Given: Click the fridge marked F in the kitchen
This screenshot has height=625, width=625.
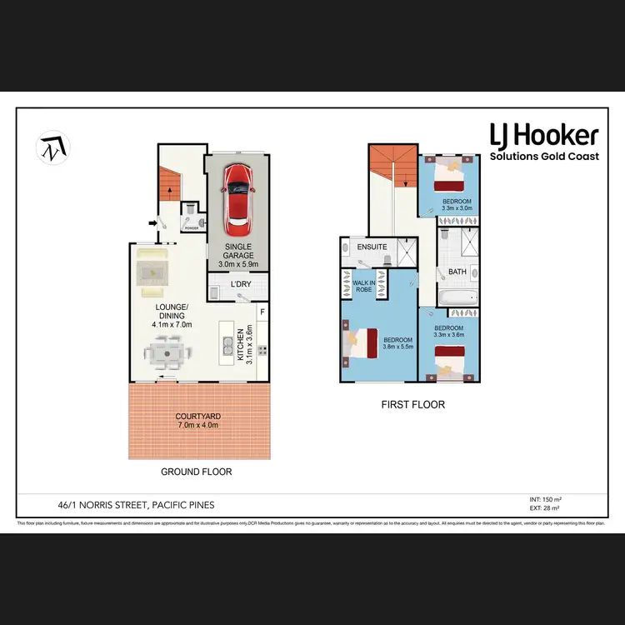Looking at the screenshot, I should [262, 312].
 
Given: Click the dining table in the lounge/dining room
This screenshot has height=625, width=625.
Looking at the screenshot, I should [167, 355].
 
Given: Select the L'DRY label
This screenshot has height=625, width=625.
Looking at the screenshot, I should [241, 285].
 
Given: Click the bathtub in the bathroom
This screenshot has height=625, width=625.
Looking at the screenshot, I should [457, 297].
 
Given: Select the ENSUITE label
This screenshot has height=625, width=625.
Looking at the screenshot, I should [372, 247].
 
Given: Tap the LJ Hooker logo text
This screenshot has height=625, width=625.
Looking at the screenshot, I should [543, 135].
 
